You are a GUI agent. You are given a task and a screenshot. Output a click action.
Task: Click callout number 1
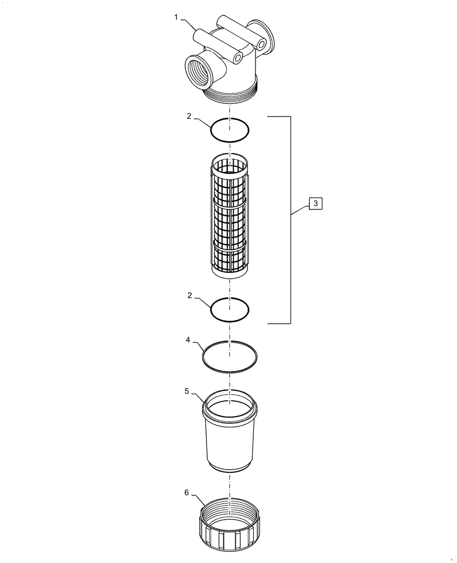tap(176, 18)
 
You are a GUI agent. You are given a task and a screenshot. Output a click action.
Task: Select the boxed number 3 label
tap(316, 203)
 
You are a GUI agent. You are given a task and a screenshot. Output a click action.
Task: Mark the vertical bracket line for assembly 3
tap(290, 220)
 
